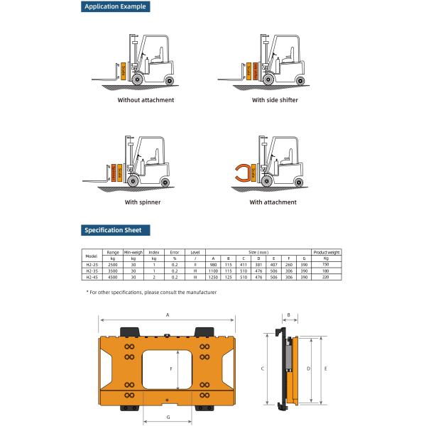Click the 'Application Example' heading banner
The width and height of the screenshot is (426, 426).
point(115,7)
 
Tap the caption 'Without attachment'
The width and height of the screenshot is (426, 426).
point(146,100)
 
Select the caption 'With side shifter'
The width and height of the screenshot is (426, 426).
point(275,100)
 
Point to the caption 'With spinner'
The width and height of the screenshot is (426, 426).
point(142,202)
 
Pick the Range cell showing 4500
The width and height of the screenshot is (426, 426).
point(112,277)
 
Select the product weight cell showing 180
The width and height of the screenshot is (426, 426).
point(326,271)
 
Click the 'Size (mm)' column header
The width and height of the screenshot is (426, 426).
point(258,252)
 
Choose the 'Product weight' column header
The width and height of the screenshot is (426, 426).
point(327,252)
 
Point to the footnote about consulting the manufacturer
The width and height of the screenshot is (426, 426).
point(151,292)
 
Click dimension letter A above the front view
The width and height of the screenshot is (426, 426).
point(168,313)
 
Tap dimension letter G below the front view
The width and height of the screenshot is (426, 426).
point(168,417)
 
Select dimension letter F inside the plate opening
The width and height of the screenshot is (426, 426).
point(171,369)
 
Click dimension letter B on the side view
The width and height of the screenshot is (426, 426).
point(289,313)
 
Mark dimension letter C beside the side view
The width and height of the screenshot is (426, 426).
point(263,369)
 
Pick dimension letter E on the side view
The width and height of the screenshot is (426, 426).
point(325,369)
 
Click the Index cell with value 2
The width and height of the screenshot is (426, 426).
point(153,277)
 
